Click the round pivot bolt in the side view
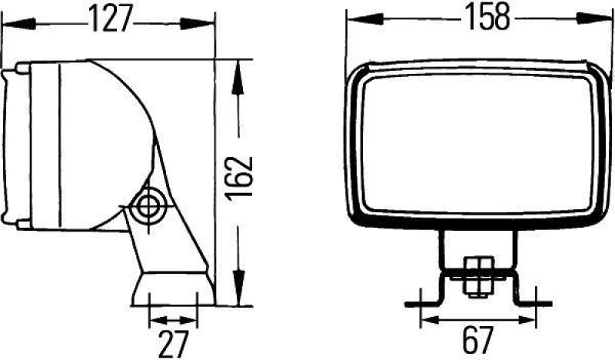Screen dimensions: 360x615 point(145,205)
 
